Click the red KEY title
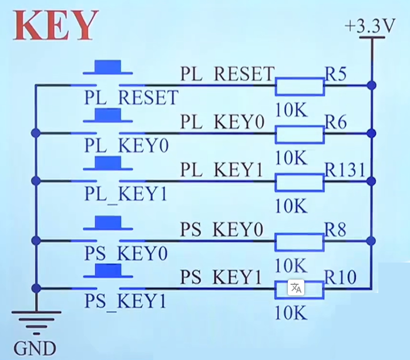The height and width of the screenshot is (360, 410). (56, 25)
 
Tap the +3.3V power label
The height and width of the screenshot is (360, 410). (369, 26)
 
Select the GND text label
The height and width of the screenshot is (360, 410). (35, 348)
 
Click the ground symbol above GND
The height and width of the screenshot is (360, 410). (36, 323)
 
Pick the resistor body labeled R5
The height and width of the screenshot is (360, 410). (300, 86)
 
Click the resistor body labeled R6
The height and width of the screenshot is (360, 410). (300, 134)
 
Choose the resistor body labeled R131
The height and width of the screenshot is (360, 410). (300, 182)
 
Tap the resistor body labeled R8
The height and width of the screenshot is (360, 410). (300, 242)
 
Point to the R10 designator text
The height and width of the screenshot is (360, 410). (340, 277)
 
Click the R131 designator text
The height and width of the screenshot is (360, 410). (345, 170)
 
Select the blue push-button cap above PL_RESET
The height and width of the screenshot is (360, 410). (107, 67)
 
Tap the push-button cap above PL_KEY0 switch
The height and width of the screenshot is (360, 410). (107, 115)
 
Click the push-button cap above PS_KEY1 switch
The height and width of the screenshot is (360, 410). (108, 271)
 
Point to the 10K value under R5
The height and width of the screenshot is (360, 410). (291, 110)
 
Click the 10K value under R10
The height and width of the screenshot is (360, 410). (291, 312)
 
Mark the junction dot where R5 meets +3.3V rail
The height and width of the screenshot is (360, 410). (372, 86)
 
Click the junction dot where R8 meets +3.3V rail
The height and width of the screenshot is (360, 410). (372, 241)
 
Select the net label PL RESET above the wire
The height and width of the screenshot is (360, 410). (227, 74)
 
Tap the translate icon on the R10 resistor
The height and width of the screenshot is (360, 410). (296, 288)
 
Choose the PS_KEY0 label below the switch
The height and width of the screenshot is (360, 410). (126, 253)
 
